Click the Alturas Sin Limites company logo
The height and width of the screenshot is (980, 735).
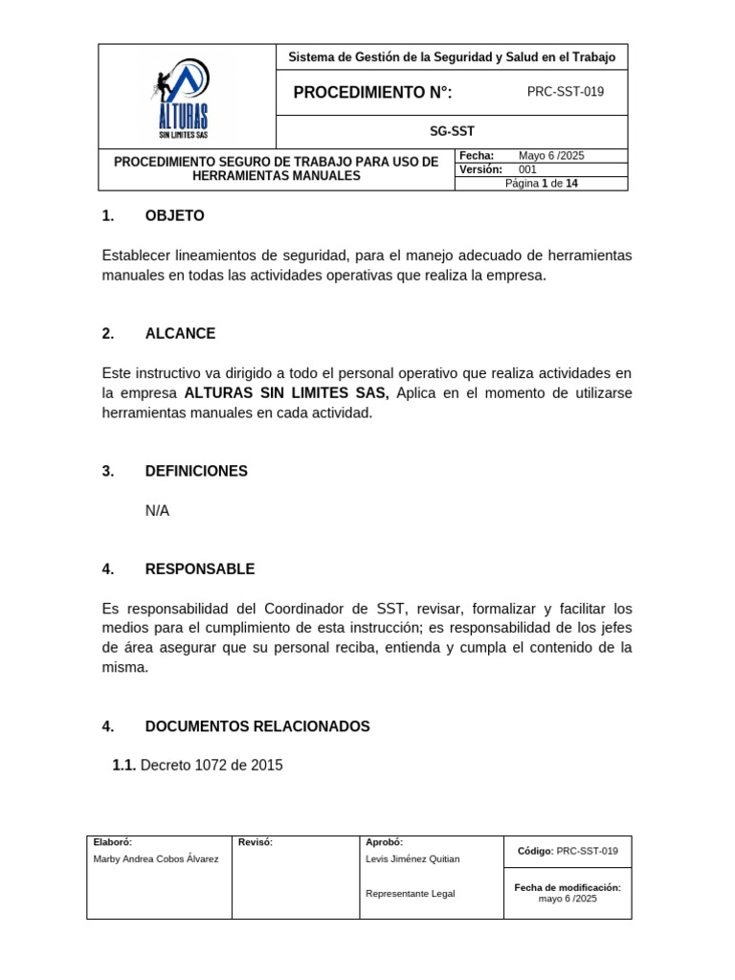tap(182, 97)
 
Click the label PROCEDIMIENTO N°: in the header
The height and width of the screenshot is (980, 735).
tap(372, 93)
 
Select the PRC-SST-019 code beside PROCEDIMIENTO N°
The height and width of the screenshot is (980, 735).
tap(566, 92)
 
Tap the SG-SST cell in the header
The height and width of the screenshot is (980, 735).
tap(452, 132)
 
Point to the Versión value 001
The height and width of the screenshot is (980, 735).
tap(528, 169)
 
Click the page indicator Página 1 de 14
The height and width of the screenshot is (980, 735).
tap(542, 184)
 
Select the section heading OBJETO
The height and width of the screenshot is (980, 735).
tap(174, 216)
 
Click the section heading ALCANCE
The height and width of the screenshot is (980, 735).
tap(180, 334)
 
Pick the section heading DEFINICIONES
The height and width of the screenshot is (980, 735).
tap(196, 471)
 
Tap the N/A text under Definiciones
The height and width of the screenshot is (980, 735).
tap(157, 511)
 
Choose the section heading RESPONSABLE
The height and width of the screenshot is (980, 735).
tap(200, 569)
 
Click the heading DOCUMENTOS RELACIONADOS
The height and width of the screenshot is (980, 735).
tap(257, 726)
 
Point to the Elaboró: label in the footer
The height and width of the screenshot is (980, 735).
tap(113, 842)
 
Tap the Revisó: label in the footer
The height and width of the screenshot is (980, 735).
tap(256, 842)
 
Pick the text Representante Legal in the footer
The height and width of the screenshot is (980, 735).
tap(411, 894)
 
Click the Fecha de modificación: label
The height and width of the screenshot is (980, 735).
tap(568, 887)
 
